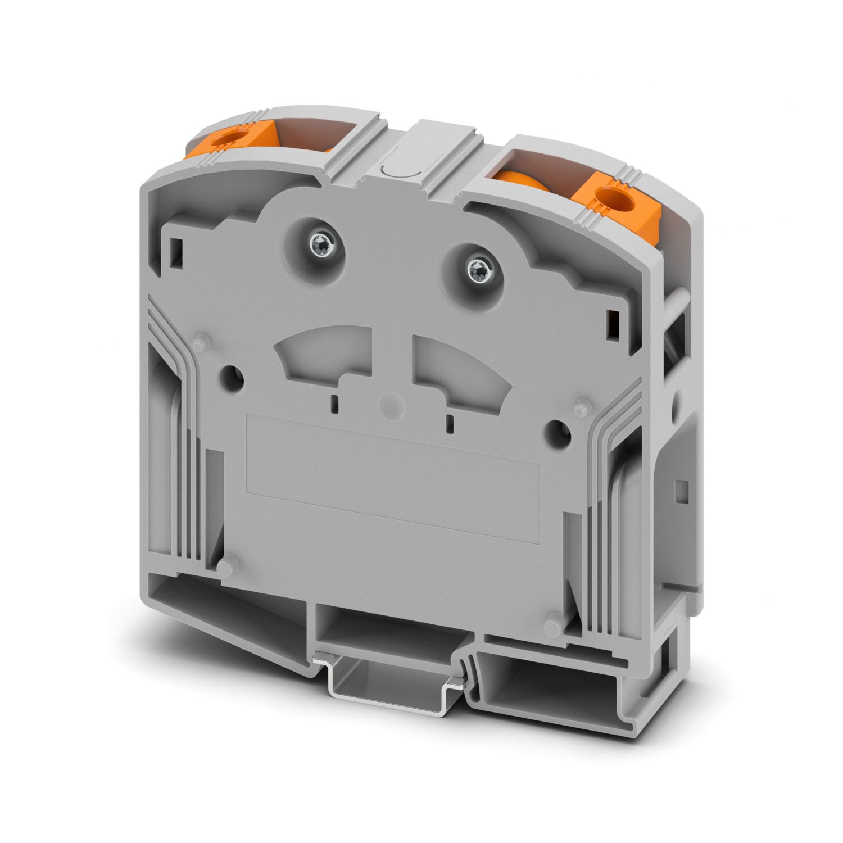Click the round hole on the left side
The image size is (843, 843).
(x=232, y=375)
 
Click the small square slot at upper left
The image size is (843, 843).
(x=177, y=246)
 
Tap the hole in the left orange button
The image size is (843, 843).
(x=231, y=138)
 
